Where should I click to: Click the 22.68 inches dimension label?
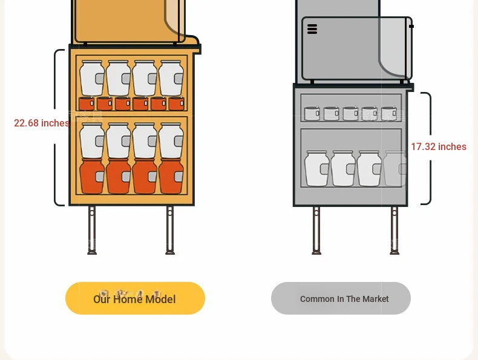click(x=42, y=123)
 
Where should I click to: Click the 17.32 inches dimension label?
click(x=439, y=146)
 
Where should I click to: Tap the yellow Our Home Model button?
click(x=135, y=298)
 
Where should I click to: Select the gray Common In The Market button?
click(x=341, y=298)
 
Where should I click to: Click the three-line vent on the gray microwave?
click(x=312, y=29)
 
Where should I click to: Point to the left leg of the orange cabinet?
click(x=92, y=230)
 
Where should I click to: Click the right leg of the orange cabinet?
click(x=170, y=230)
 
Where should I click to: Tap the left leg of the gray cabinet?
click(x=316, y=231)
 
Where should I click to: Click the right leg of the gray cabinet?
click(x=395, y=231)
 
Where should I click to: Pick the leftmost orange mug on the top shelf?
click(x=87, y=103)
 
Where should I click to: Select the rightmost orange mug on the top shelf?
click(x=177, y=103)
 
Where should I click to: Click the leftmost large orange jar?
click(x=92, y=176)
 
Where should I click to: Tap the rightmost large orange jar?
click(x=171, y=176)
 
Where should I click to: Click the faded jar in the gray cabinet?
click(x=395, y=168)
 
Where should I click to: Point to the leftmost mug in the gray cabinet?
click(x=312, y=113)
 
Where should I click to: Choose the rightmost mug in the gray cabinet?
click(x=389, y=113)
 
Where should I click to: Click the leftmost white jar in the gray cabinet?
click(x=316, y=168)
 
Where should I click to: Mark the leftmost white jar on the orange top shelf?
click(x=92, y=78)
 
